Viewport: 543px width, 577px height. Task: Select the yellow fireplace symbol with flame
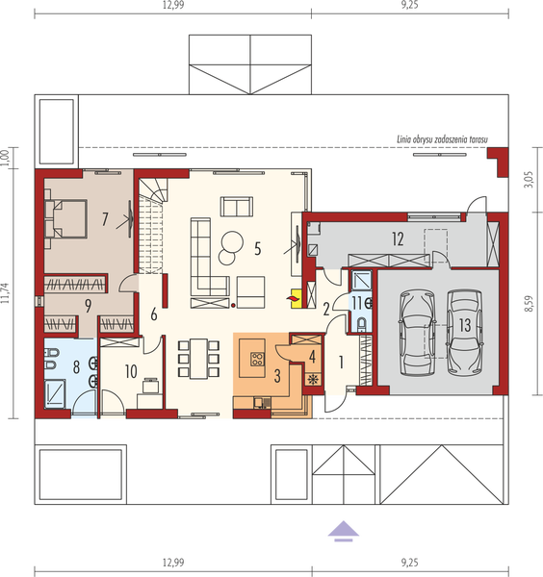tap(293, 300)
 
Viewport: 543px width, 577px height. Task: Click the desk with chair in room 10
tap(146, 388)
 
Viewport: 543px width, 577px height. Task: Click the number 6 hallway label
tap(153, 314)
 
